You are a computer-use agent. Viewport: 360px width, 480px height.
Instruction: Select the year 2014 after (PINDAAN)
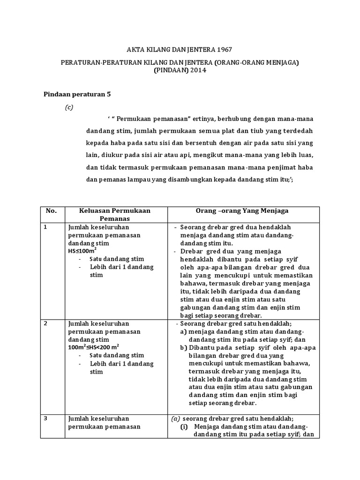pyautogui.click(x=196, y=70)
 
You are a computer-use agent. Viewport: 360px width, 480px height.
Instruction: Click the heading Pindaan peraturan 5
pyautogui.click(x=77, y=94)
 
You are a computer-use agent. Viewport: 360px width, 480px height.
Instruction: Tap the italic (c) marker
pyautogui.click(x=69, y=107)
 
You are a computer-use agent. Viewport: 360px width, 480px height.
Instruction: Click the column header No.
pyautogui.click(x=51, y=211)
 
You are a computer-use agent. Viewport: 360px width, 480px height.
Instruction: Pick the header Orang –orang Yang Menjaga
pyautogui.click(x=241, y=211)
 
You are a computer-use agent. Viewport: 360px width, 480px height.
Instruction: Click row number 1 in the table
pyautogui.click(x=45, y=227)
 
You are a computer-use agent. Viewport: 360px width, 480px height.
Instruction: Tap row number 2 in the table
pyautogui.click(x=45, y=323)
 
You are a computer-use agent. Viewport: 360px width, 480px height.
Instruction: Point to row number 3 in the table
pyautogui.click(x=45, y=419)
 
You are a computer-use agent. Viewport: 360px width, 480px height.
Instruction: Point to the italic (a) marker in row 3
pyautogui.click(x=175, y=419)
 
